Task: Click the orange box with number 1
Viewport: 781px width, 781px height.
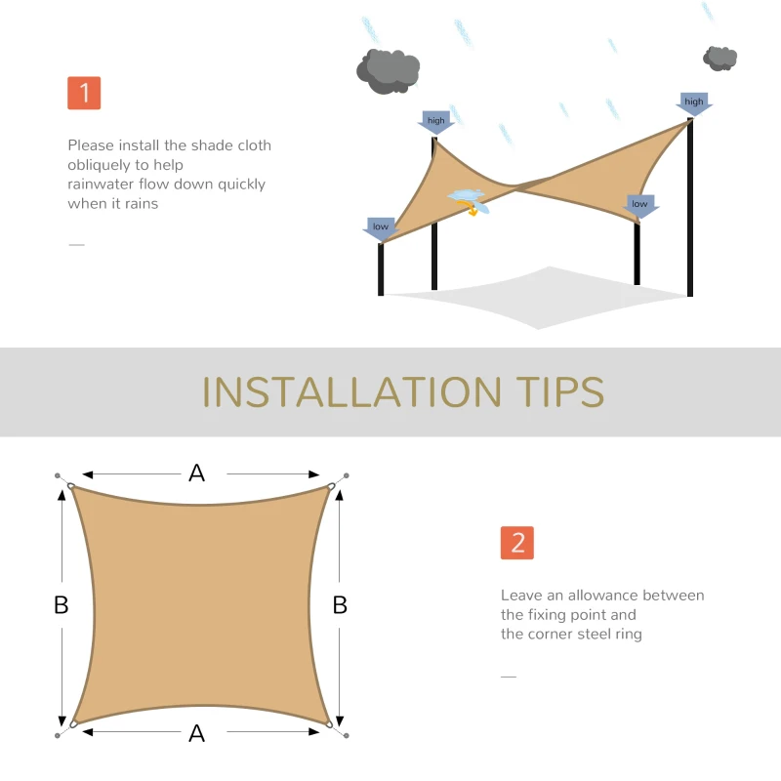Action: pyautogui.click(x=84, y=93)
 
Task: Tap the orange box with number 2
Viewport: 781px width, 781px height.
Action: pyautogui.click(x=517, y=543)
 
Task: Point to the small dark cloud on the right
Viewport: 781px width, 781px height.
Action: pyautogui.click(x=720, y=58)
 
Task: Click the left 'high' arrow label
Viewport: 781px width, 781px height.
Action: pyautogui.click(x=435, y=122)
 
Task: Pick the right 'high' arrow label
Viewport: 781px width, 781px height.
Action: pyautogui.click(x=694, y=103)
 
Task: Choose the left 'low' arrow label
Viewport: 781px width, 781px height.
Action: pyautogui.click(x=380, y=227)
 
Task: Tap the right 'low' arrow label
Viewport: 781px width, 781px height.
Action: pyautogui.click(x=639, y=205)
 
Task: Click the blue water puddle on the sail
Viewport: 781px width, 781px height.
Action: pyautogui.click(x=467, y=195)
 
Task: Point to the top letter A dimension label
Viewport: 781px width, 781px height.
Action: pyautogui.click(x=197, y=473)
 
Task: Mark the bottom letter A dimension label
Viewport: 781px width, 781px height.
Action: pyautogui.click(x=197, y=733)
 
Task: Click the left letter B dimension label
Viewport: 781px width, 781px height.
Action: pyautogui.click(x=61, y=605)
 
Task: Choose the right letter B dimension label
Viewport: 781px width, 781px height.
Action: pyautogui.click(x=340, y=605)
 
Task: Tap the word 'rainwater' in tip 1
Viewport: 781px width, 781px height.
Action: pyautogui.click(x=101, y=185)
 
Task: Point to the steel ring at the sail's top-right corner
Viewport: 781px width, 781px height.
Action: pyautogui.click(x=332, y=487)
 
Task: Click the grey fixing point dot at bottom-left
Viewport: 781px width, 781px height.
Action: pyautogui.click(x=58, y=735)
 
